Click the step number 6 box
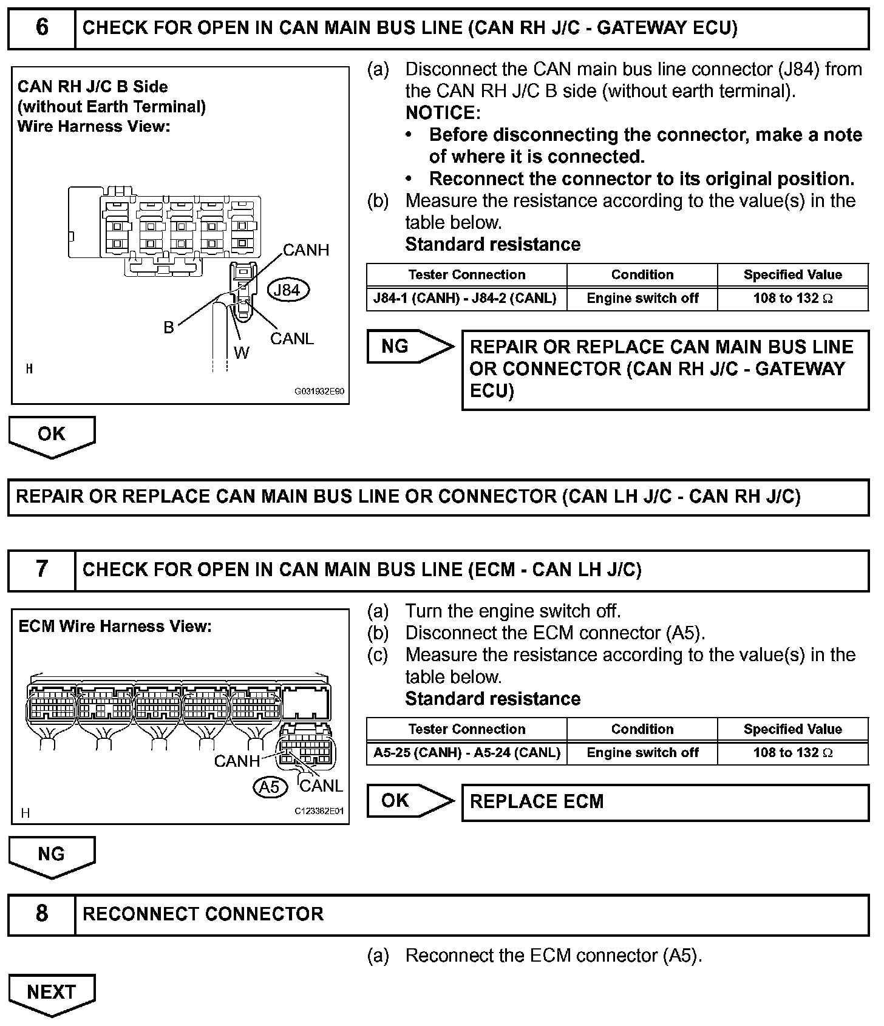tap(41, 29)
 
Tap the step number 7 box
tap(41, 569)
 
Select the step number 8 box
tap(41, 914)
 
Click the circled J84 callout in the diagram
tap(287, 290)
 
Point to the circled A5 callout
tap(269, 787)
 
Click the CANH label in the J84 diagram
tap(306, 250)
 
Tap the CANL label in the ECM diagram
tap(321, 786)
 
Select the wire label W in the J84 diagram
tap(241, 353)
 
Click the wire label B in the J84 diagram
tap(169, 328)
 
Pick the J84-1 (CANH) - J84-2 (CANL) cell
tap(466, 299)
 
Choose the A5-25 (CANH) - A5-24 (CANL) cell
tap(466, 753)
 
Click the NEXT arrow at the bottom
tap(52, 993)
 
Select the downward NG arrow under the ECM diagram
tap(52, 855)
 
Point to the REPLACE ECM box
tap(665, 802)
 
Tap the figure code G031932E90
tap(319, 392)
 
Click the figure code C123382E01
tap(319, 811)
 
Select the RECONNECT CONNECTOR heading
tap(203, 914)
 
